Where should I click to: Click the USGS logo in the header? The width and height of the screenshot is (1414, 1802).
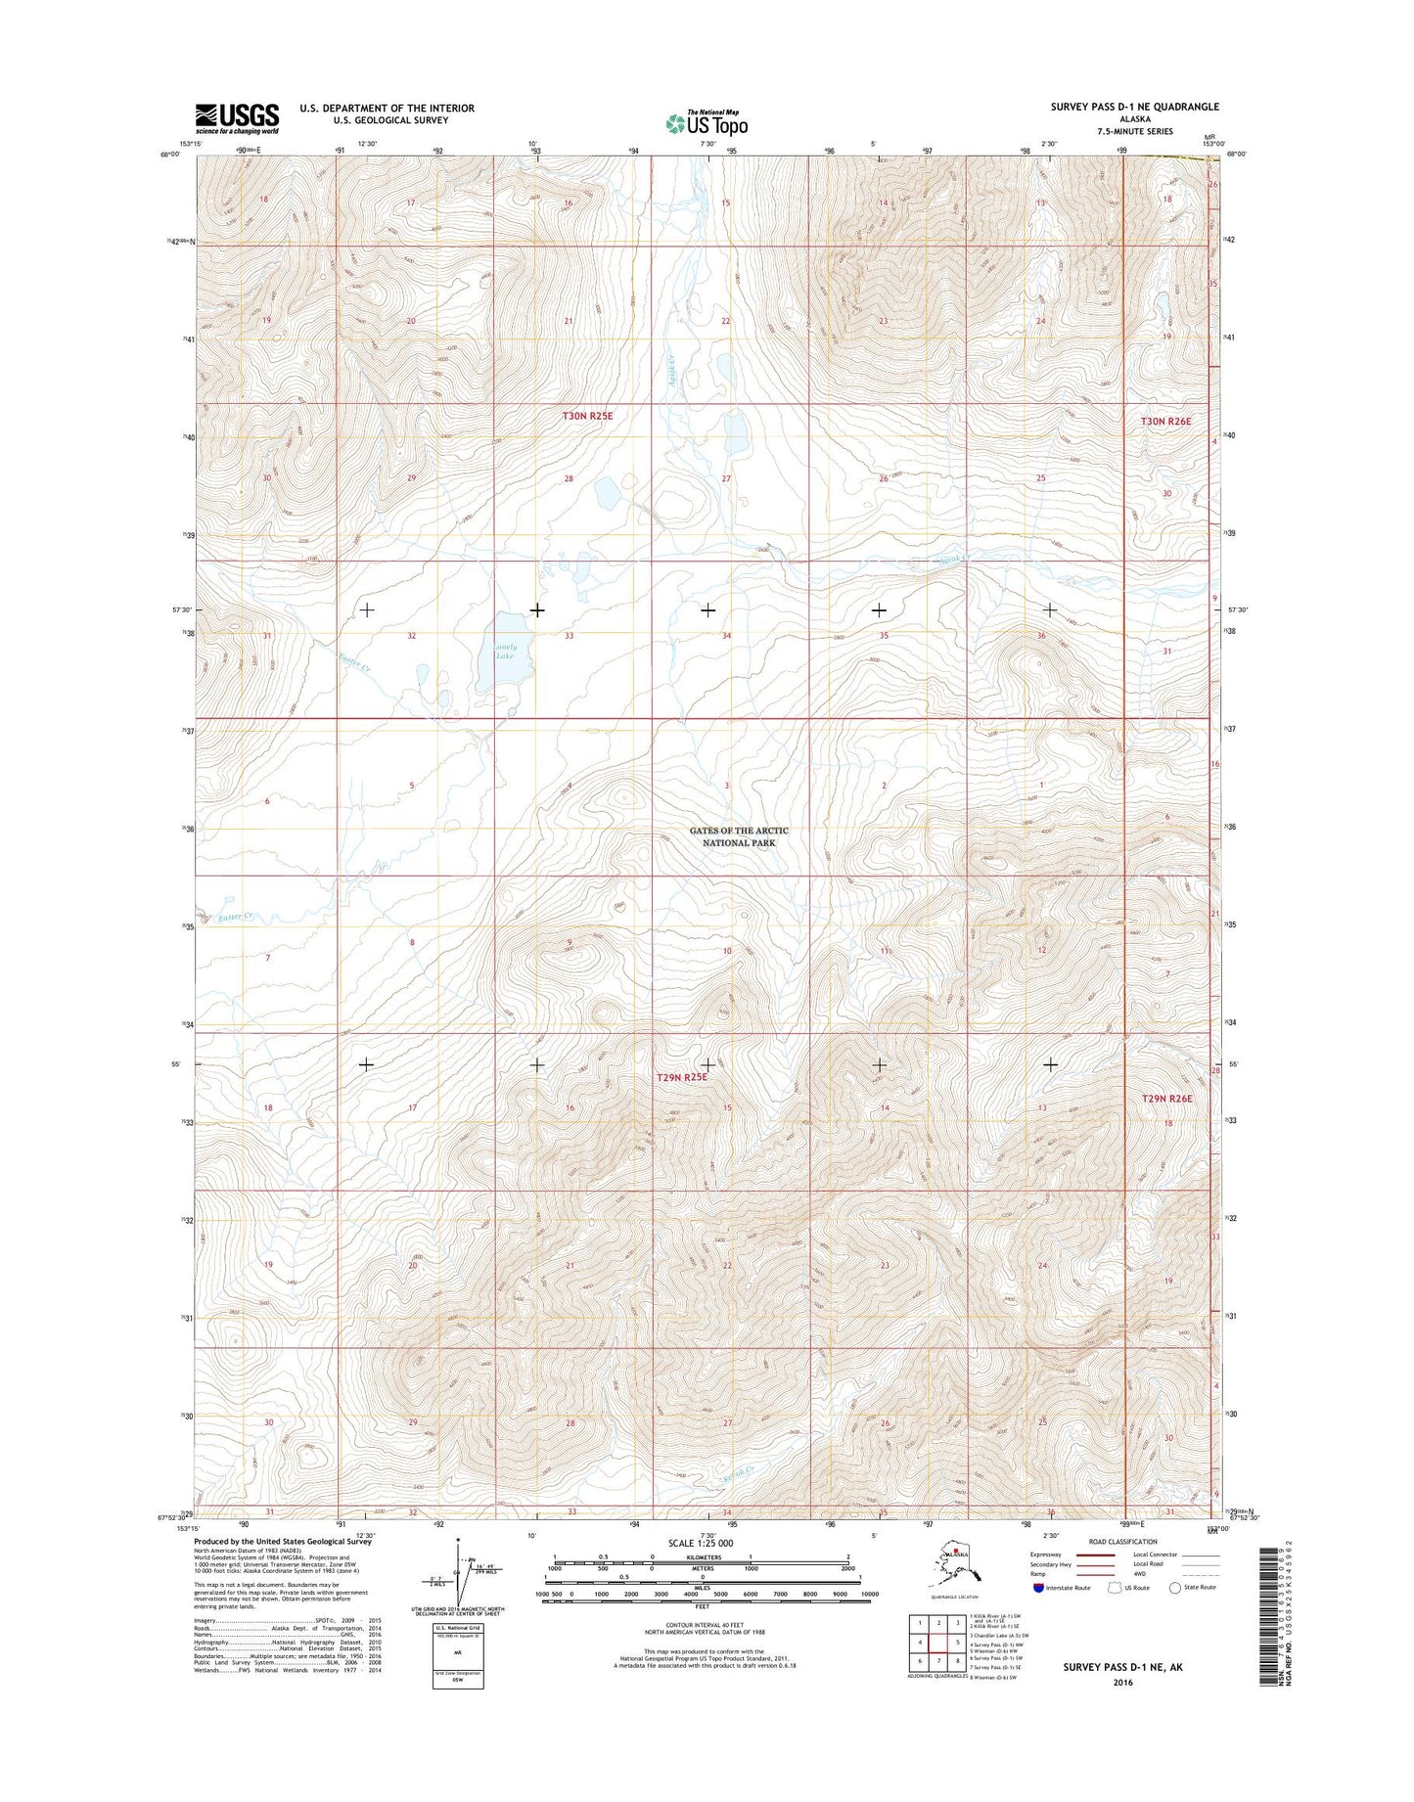coord(237,118)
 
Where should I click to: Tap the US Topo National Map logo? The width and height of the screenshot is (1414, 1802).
coord(707,122)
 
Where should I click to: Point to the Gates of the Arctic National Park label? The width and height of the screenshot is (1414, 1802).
coord(739,836)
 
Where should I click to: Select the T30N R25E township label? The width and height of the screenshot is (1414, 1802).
coord(587,416)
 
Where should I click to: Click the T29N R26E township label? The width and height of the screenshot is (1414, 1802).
coord(1167,1099)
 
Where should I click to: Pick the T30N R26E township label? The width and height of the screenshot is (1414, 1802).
coord(1166,421)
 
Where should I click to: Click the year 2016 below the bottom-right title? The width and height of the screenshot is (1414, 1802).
coord(1121,1683)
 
